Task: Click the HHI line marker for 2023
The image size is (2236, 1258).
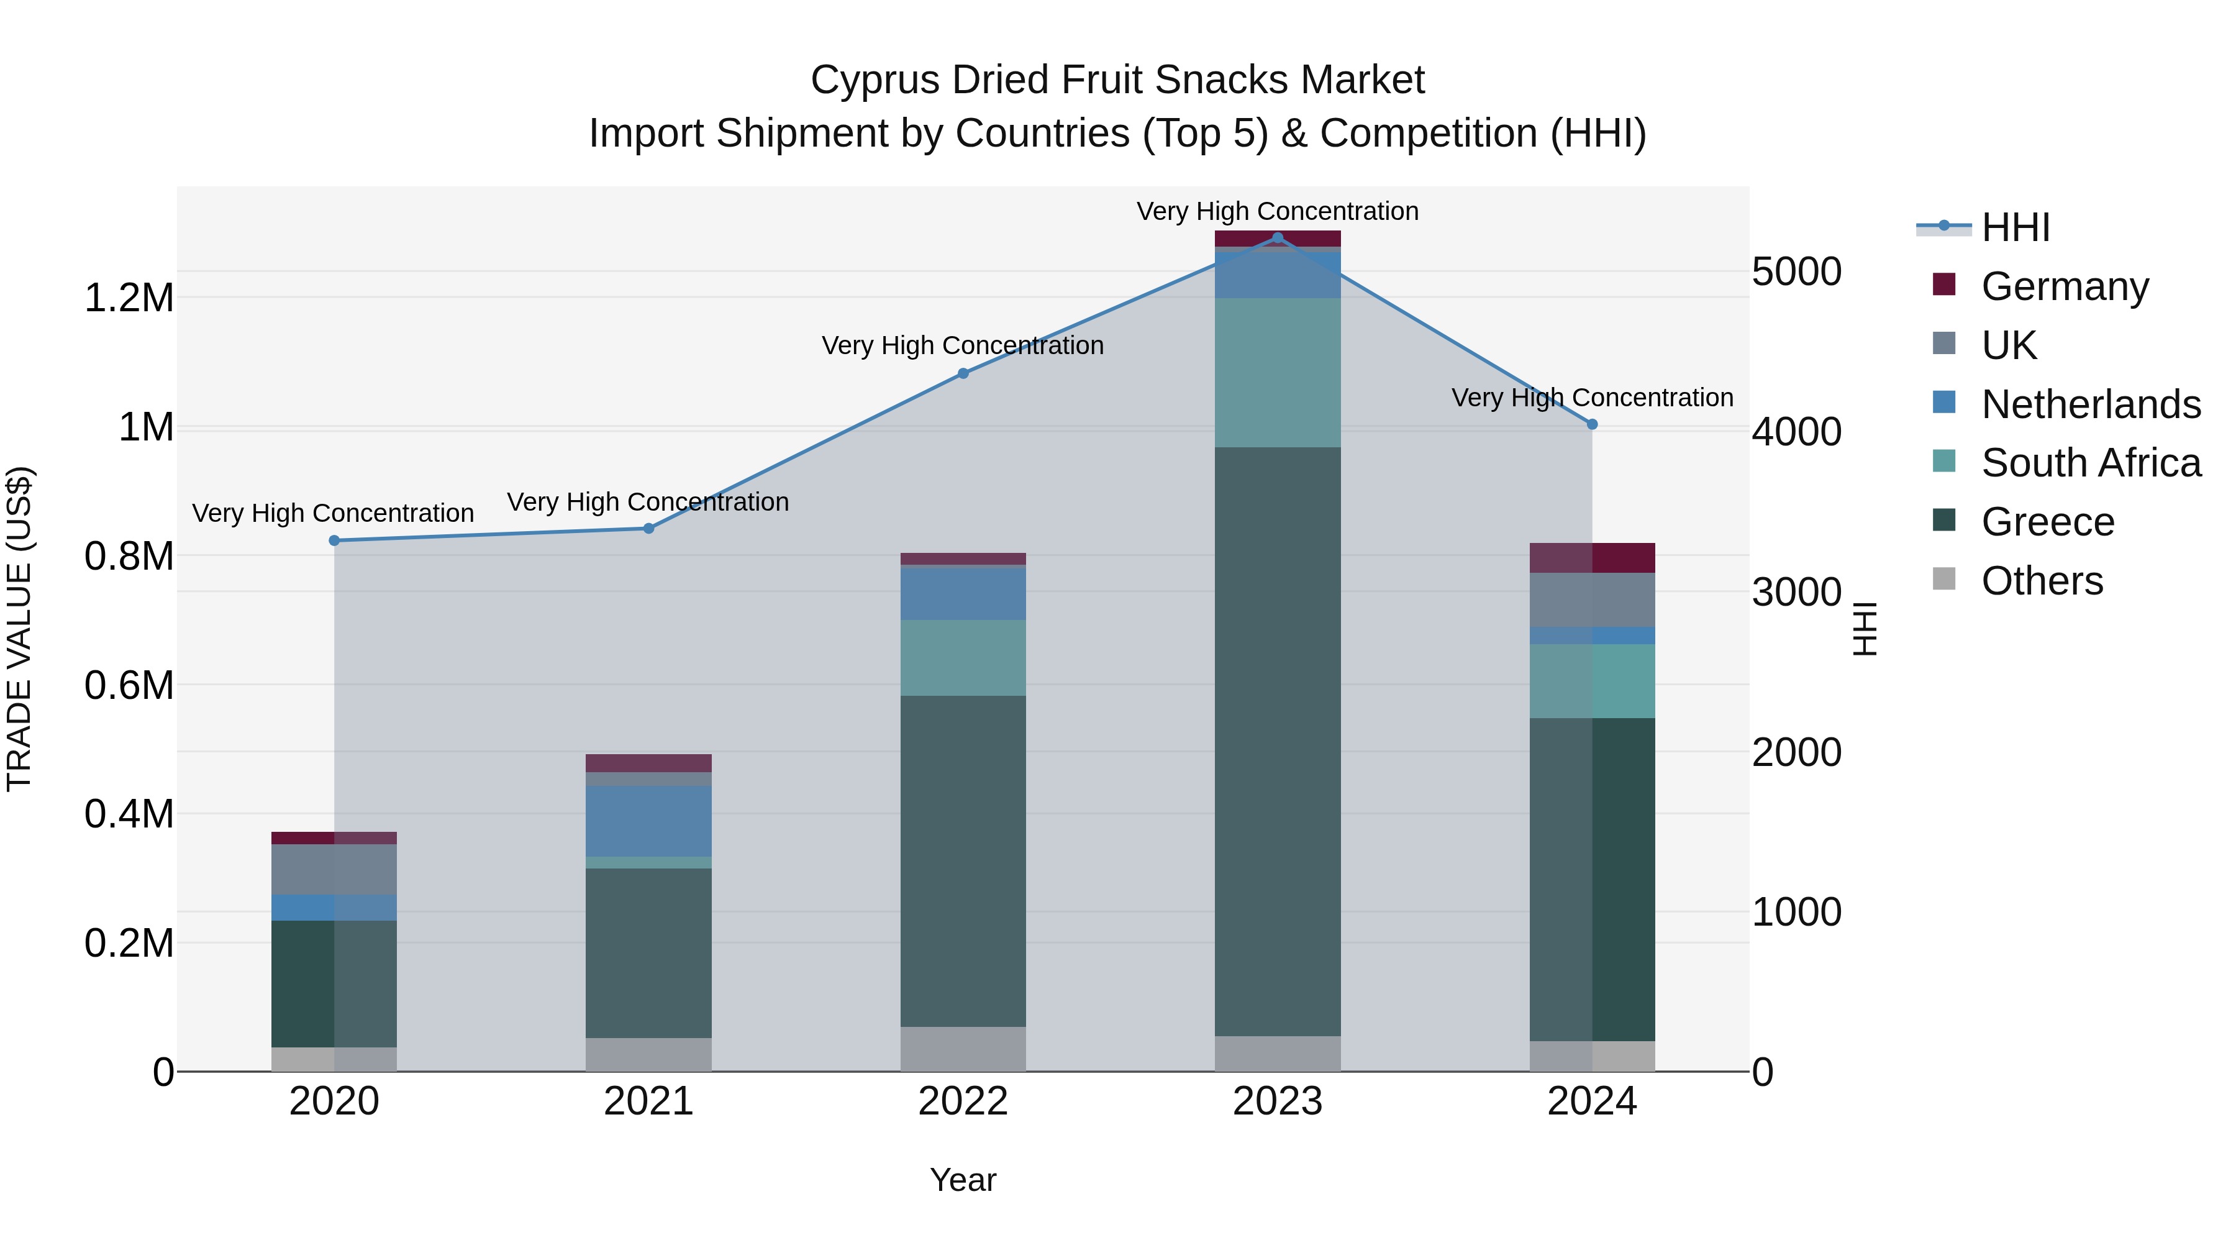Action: pos(1277,237)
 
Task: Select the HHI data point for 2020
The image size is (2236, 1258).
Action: pos(334,541)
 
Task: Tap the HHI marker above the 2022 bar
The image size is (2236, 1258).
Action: pos(963,373)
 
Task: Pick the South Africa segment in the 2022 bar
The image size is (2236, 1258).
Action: pos(963,657)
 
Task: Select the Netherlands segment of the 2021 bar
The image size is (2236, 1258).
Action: pos(648,821)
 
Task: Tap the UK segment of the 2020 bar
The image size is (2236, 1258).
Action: pos(334,869)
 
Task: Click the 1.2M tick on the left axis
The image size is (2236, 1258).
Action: pos(129,298)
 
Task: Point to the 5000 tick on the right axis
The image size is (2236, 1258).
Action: pos(1796,271)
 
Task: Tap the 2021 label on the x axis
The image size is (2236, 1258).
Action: pos(648,1101)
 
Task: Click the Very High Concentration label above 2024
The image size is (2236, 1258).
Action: pos(1592,398)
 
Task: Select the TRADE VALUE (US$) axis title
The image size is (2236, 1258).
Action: pos(19,629)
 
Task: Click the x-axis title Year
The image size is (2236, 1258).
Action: pos(963,1180)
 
